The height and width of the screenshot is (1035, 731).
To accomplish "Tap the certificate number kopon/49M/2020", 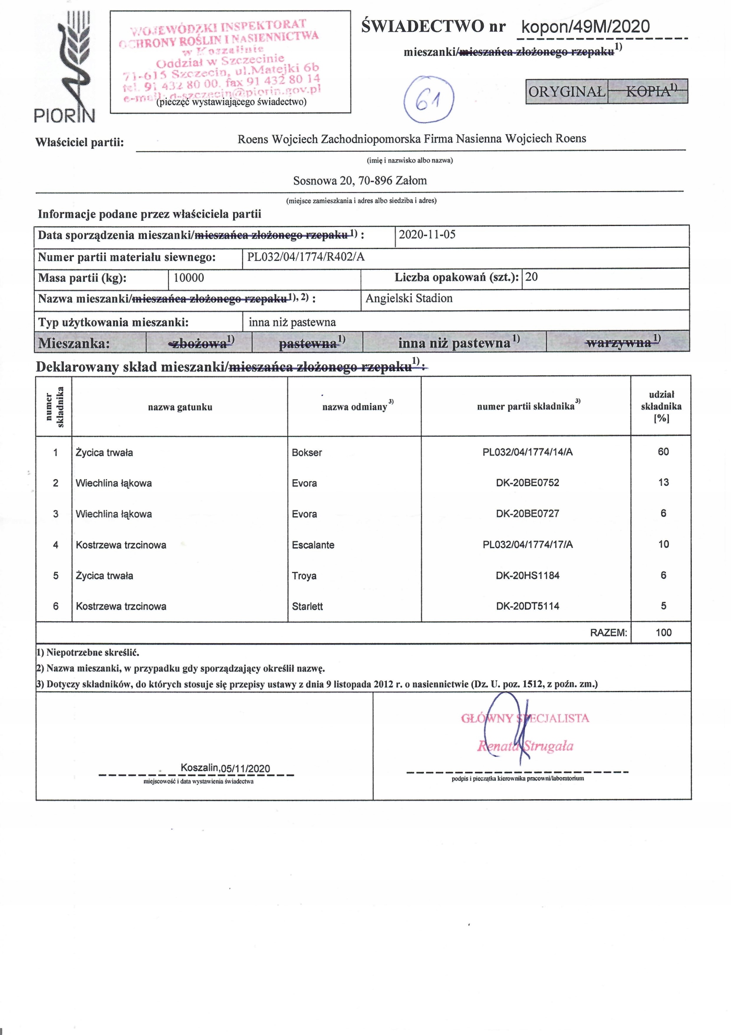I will pos(585,27).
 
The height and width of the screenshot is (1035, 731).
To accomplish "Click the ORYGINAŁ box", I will pos(567,91).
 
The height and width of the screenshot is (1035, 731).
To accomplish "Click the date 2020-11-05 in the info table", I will pos(427,234).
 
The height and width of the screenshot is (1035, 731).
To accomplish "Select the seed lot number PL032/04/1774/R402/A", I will pos(305,257).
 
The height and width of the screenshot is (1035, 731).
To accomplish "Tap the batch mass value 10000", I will pos(188,278).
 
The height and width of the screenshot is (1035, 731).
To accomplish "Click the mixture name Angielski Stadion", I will pos(409,298).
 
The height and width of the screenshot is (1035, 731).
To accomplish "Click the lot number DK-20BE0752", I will pos(527,483).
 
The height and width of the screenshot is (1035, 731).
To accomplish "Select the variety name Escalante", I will pos(313,545).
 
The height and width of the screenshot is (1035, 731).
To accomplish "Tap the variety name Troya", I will pos(304,576).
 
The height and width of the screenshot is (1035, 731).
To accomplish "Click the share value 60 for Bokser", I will pos(663,452).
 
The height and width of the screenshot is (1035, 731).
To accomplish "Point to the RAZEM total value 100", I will pos(664,632).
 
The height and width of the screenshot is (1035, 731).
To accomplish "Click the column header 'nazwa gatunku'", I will pos(180,407).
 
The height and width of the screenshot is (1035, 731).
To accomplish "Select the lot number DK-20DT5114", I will pos(527,606).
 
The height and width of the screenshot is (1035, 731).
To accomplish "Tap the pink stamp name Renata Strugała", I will pos(525,746).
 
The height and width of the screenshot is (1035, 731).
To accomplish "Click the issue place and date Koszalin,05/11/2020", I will pos(225,768).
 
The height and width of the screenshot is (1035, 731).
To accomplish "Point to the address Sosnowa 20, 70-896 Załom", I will pos(360,181).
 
